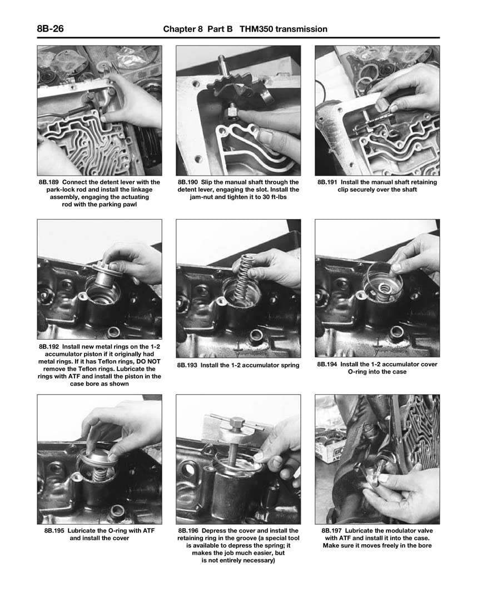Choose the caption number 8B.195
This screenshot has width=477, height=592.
pyautogui.click(x=58, y=531)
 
